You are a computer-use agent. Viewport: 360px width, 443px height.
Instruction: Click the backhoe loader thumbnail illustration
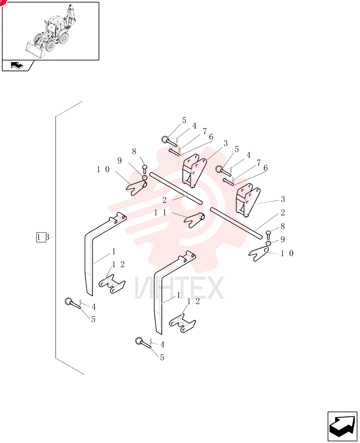click(51, 31)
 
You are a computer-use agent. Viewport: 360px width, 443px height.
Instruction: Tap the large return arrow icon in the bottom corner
click(342, 426)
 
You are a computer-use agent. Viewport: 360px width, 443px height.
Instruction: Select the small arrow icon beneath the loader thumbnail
click(17, 66)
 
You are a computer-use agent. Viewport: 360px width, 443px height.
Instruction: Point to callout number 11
click(160, 213)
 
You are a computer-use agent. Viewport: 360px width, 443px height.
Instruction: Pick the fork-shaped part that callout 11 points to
click(195, 219)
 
